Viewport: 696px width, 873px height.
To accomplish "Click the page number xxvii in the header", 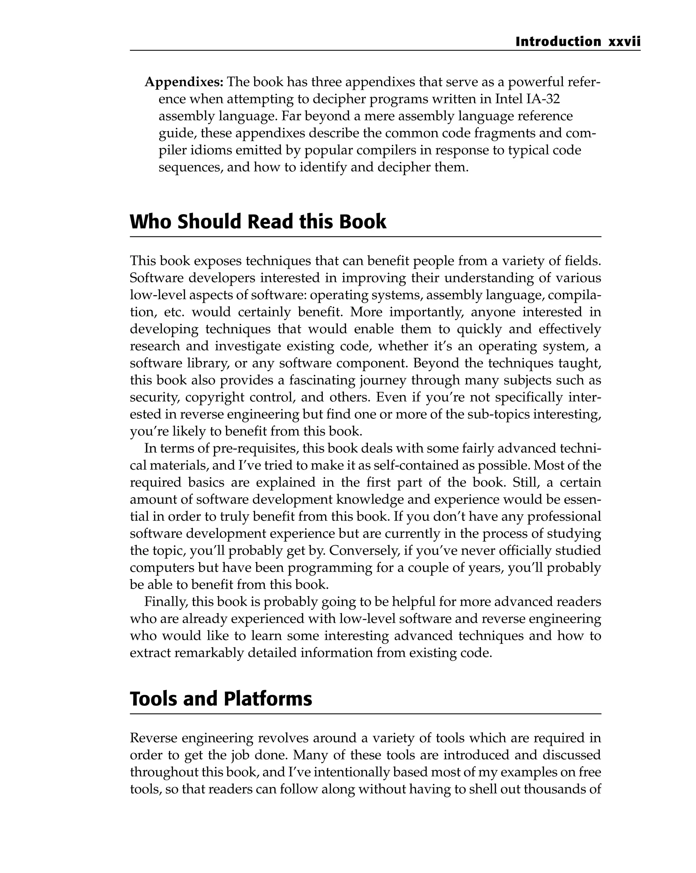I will (x=624, y=42).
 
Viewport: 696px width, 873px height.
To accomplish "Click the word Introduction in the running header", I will (x=558, y=42).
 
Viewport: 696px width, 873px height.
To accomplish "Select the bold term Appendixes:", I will (x=184, y=82).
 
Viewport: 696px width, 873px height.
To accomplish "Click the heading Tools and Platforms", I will (x=221, y=699).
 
